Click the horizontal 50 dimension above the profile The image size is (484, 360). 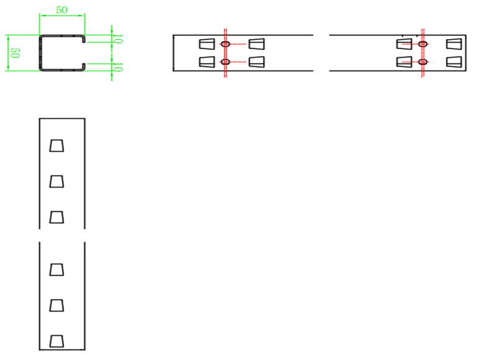coord(62,10)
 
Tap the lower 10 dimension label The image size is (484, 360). coord(119,67)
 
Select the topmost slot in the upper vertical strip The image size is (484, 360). coord(57,145)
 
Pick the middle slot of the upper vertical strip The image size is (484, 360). coord(57,181)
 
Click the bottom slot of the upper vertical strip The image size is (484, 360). coord(57,216)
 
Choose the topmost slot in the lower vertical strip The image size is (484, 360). coord(57,269)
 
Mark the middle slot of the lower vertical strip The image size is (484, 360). coord(57,305)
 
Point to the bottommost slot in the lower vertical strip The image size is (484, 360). coord(57,341)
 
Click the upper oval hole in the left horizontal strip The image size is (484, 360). coord(226,44)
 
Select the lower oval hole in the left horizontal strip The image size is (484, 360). coord(226,62)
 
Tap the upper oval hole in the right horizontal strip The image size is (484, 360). coord(423,44)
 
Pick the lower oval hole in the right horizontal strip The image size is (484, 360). coord(423,62)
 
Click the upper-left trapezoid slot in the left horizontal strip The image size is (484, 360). coord(206,44)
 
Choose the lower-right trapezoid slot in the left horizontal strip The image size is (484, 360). coord(256,62)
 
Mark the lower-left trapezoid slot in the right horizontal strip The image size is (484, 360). coord(404,62)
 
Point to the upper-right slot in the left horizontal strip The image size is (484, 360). coord(256,44)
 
